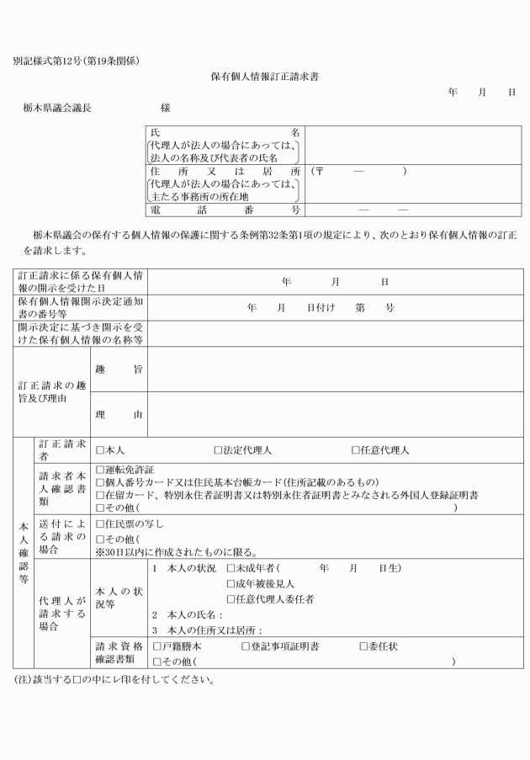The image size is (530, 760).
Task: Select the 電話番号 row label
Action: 225,209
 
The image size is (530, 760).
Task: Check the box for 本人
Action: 100,451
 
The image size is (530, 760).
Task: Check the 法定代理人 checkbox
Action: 218,451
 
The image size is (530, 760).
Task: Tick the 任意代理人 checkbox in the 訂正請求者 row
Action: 356,451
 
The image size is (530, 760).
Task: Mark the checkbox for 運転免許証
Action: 100,470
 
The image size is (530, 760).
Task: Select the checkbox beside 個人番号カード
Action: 100,483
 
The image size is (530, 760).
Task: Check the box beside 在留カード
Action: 100,496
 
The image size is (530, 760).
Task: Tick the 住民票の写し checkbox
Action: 100,524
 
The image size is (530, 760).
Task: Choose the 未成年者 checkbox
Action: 231,569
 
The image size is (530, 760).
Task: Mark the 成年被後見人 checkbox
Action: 231,584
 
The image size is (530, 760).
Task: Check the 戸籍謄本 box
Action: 156,646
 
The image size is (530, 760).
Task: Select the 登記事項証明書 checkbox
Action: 246,646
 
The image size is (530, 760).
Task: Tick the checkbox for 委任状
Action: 364,646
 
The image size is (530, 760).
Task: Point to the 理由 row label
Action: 117,414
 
